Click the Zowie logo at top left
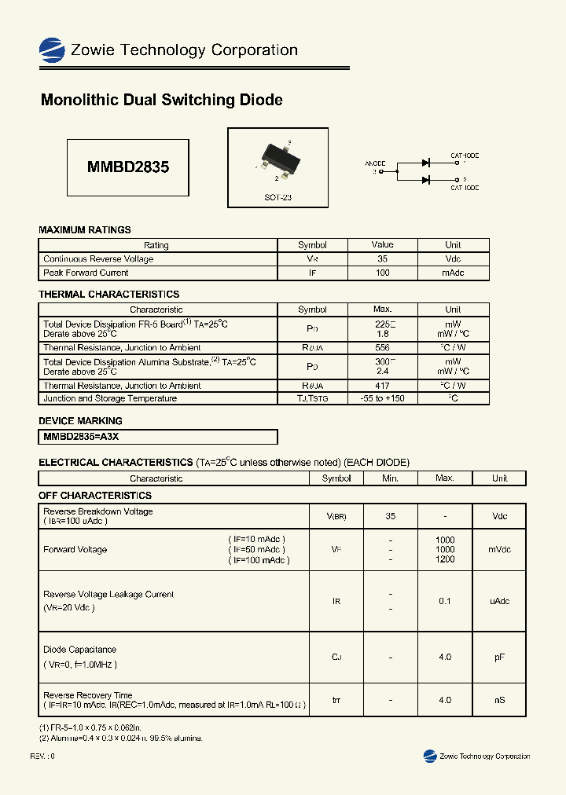(52, 50)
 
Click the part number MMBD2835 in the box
(128, 167)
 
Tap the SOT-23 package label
(277, 198)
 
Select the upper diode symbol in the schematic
(425, 163)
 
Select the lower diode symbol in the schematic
(425, 180)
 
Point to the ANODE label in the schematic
(375, 163)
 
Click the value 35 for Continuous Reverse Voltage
(382, 259)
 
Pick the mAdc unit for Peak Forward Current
(453, 273)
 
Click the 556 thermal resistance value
(382, 348)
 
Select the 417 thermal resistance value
(382, 387)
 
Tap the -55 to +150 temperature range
(382, 399)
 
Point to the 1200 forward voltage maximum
(445, 560)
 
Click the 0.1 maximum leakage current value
(445, 601)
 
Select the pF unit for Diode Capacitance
(499, 657)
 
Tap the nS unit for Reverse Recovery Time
(499, 700)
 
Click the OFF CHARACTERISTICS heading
(95, 496)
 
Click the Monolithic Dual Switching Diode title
(161, 101)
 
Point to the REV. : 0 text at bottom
(42, 756)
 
